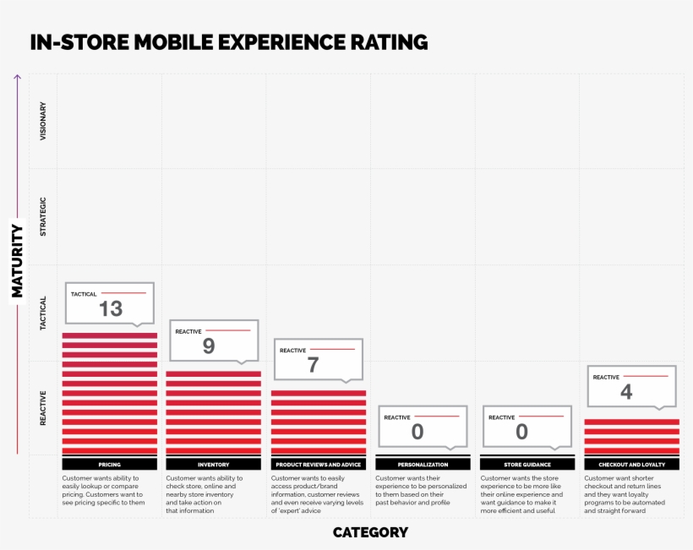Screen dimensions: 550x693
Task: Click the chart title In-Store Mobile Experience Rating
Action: [x=228, y=42]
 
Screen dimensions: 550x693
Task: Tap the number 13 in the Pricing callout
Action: [x=111, y=309]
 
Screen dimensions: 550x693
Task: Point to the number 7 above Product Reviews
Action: [x=313, y=365]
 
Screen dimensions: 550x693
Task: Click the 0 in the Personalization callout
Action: [x=417, y=432]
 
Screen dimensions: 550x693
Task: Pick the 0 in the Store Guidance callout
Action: [x=521, y=432]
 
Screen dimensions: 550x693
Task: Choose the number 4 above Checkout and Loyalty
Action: [x=626, y=392]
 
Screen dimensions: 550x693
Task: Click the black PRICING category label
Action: [x=110, y=465]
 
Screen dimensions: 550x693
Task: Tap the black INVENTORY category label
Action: [x=214, y=465]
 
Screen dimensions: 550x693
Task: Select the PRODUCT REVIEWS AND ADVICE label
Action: [x=318, y=465]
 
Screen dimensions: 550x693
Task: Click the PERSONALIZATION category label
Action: [x=423, y=465]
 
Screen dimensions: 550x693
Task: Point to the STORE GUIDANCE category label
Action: [x=527, y=465]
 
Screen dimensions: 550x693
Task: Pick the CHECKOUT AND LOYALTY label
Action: [x=631, y=465]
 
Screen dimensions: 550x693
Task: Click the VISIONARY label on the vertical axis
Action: [x=44, y=120]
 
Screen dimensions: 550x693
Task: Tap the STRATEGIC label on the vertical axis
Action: [x=44, y=216]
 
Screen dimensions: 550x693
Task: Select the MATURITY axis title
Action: [x=17, y=260]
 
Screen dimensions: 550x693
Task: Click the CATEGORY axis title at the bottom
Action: [x=370, y=532]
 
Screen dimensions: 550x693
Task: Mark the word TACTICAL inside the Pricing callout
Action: [x=84, y=294]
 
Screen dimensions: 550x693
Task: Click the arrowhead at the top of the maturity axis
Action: [x=17, y=77]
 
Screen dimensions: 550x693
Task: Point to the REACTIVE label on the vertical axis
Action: [x=44, y=408]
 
